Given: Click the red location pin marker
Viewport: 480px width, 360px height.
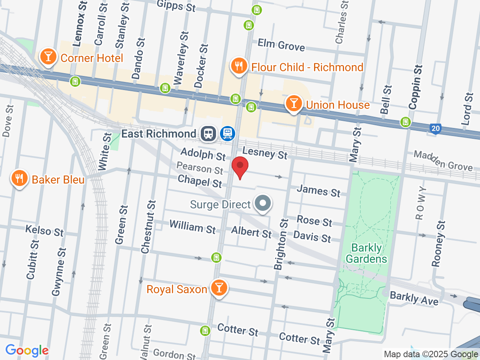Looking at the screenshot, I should pyautogui.click(x=240, y=167).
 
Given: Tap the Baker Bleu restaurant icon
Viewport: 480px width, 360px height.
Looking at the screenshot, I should pyautogui.click(x=19, y=178).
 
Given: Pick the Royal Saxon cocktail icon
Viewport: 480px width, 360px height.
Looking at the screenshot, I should pyautogui.click(x=219, y=288).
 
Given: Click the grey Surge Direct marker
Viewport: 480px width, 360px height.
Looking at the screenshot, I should pyautogui.click(x=263, y=204).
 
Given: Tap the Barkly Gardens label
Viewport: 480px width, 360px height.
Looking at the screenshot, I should pyautogui.click(x=366, y=253).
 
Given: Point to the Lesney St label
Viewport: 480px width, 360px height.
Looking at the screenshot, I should pyautogui.click(x=265, y=153).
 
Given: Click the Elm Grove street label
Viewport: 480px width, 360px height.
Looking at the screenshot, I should pyautogui.click(x=281, y=45).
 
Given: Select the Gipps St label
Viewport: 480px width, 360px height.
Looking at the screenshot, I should pyautogui.click(x=176, y=6).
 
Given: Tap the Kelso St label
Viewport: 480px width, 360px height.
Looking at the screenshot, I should pyautogui.click(x=44, y=231).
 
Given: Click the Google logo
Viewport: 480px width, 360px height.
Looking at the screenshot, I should pyautogui.click(x=27, y=350).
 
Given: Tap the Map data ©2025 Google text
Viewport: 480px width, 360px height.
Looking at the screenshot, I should pyautogui.click(x=431, y=354).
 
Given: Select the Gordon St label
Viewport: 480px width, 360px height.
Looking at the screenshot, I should pyautogui.click(x=174, y=354).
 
